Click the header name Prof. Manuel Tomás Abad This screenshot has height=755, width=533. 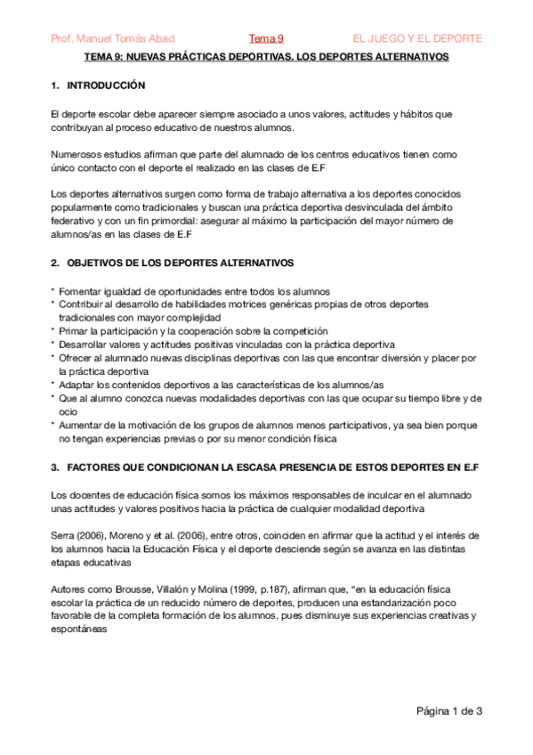(112, 38)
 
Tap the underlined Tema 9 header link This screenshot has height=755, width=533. (266, 38)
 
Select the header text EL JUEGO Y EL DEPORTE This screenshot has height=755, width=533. (417, 38)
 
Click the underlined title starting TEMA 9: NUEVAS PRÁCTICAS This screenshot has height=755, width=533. (266, 56)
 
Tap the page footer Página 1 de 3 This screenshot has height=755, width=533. (449, 710)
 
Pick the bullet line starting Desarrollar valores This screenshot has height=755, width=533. (207, 344)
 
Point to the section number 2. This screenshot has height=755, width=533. (55, 263)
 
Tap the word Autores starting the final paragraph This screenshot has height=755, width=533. (69, 589)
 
